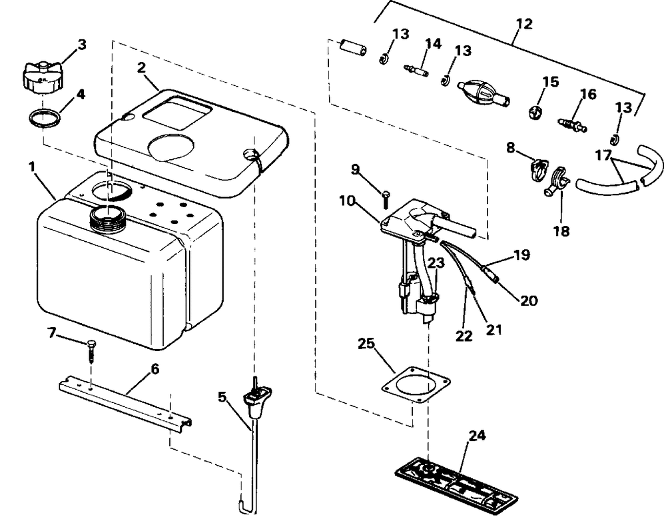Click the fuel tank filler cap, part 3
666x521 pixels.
tap(42, 78)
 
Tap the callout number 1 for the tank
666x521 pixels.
tap(32, 167)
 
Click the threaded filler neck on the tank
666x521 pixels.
tap(109, 218)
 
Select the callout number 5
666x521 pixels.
tap(222, 397)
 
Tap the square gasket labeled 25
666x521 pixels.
tap(416, 384)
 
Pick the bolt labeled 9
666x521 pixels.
tap(386, 199)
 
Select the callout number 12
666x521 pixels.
tap(525, 24)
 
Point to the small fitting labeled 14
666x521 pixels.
tap(416, 69)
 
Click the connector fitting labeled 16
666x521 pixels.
tap(571, 123)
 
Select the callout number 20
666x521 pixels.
tap(529, 300)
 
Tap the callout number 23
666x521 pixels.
tap(436, 262)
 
